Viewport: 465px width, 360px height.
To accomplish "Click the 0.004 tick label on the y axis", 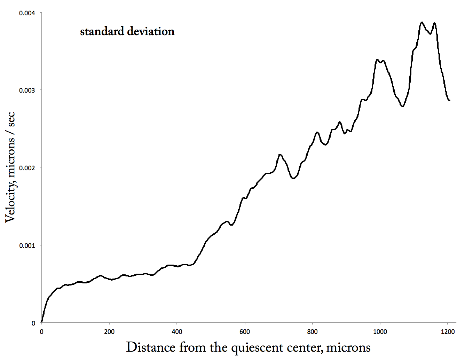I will (x=27, y=13).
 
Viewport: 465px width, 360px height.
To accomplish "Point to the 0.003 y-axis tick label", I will (x=27, y=90).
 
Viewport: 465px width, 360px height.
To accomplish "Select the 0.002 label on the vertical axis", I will (x=27, y=168).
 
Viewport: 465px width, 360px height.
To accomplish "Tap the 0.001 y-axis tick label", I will (x=27, y=245).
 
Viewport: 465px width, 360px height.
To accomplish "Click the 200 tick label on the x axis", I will (x=109, y=332).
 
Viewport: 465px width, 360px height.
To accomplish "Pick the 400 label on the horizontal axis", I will (x=177, y=332).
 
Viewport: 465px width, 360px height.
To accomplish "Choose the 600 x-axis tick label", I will (x=245, y=332).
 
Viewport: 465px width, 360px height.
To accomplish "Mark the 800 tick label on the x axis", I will (x=313, y=332).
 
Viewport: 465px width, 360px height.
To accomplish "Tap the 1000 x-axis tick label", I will (x=380, y=332).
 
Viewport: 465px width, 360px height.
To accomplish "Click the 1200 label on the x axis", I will (x=448, y=332).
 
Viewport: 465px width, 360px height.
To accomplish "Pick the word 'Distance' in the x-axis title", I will (x=151, y=347).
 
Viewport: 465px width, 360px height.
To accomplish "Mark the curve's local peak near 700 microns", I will (x=280, y=155).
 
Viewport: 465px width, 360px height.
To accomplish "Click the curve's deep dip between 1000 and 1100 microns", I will (x=403, y=106).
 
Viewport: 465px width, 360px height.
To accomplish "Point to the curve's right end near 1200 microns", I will (x=449, y=100).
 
